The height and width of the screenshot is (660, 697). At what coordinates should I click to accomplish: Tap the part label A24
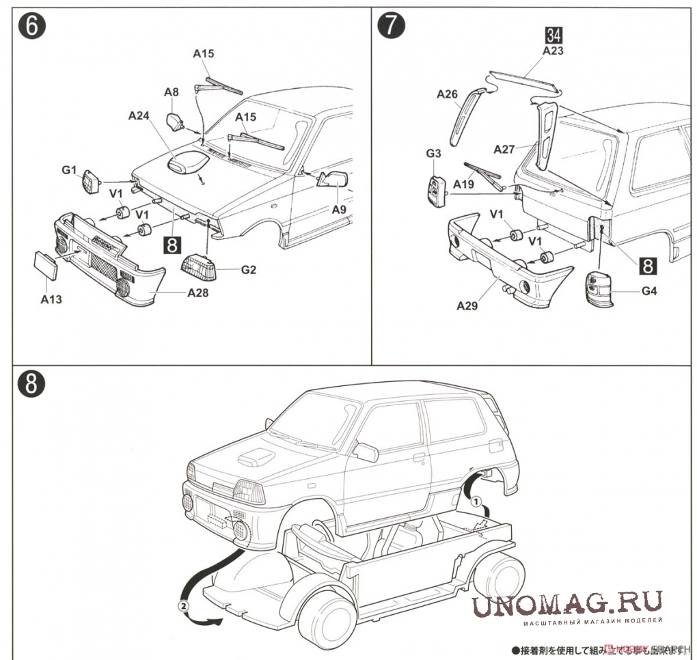coord(139,116)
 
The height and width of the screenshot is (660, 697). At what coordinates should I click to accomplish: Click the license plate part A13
coord(46,264)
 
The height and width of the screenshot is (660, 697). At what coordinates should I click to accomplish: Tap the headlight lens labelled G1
coord(91,182)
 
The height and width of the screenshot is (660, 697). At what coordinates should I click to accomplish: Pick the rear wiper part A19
coord(484,175)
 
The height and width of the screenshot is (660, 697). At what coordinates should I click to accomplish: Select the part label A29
coord(467,305)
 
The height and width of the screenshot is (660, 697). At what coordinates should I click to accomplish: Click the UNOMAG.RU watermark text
coord(567,603)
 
